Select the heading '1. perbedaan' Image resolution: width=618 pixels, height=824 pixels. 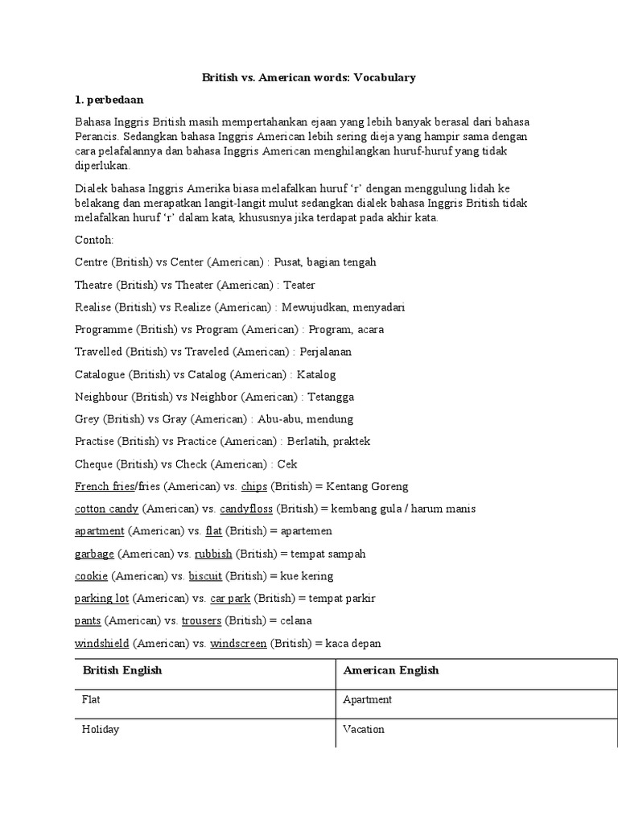(109, 100)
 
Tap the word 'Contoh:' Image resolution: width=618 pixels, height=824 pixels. (94, 240)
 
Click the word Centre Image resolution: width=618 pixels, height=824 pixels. (92, 262)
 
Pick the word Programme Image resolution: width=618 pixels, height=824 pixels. (104, 330)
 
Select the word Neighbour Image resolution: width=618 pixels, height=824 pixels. (102, 397)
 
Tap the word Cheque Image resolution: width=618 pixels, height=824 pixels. (93, 464)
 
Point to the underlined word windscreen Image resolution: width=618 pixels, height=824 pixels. (238, 644)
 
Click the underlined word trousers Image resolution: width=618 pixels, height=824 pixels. (201, 621)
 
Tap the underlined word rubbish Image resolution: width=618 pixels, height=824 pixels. (213, 554)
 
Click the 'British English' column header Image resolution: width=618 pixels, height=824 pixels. (122, 670)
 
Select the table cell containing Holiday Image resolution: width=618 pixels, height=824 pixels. (101, 730)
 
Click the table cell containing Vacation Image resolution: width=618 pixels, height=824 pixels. (364, 730)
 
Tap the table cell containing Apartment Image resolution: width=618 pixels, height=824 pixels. (368, 700)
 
